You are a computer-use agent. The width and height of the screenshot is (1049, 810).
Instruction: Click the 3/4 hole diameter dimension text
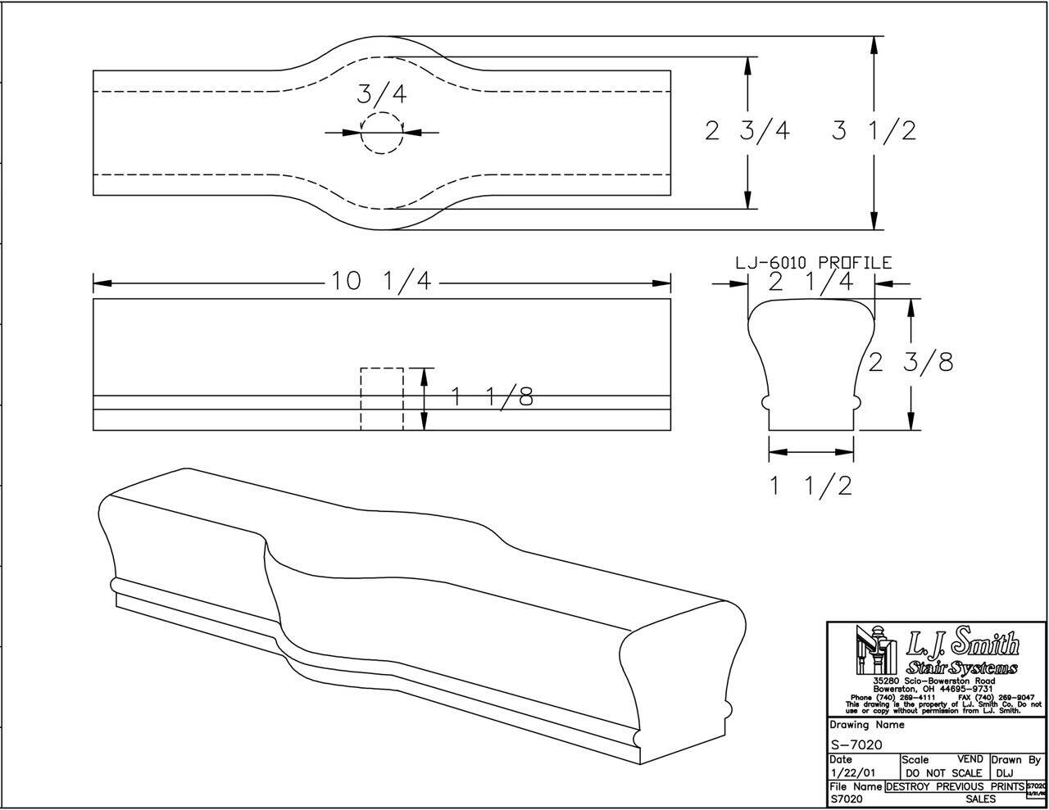pyautogui.click(x=381, y=94)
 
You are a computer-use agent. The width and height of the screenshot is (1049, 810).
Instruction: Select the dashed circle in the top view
pyautogui.click(x=382, y=133)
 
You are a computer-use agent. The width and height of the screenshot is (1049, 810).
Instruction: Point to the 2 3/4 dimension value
pyautogui.click(x=747, y=131)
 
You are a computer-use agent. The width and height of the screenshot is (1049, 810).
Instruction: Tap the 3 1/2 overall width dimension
pyautogui.click(x=874, y=131)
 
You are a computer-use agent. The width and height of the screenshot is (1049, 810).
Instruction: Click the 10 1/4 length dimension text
pyautogui.click(x=381, y=282)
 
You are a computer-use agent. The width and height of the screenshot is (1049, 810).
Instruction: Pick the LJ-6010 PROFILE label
pyautogui.click(x=812, y=263)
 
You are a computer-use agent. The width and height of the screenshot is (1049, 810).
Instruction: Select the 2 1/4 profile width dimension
pyautogui.click(x=811, y=282)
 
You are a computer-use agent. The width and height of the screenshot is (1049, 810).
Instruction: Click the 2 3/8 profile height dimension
pyautogui.click(x=910, y=362)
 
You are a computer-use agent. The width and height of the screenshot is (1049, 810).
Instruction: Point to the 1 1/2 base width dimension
pyautogui.click(x=811, y=486)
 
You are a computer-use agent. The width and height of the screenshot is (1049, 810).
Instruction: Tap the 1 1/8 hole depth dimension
pyautogui.click(x=492, y=397)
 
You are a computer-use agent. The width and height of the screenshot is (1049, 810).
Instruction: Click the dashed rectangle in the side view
pyautogui.click(x=382, y=399)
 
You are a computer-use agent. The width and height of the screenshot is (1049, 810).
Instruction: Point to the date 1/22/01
pyautogui.click(x=851, y=772)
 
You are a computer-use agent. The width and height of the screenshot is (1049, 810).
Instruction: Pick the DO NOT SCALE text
pyautogui.click(x=943, y=773)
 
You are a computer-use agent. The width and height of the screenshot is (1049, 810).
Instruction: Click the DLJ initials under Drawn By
pyautogui.click(x=1006, y=773)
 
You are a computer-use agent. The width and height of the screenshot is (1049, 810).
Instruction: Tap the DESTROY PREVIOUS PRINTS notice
pyautogui.click(x=955, y=786)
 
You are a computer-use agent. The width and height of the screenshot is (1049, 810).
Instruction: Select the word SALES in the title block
pyautogui.click(x=980, y=799)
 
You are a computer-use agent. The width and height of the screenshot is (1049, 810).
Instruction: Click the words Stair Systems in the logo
pyautogui.click(x=962, y=668)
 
